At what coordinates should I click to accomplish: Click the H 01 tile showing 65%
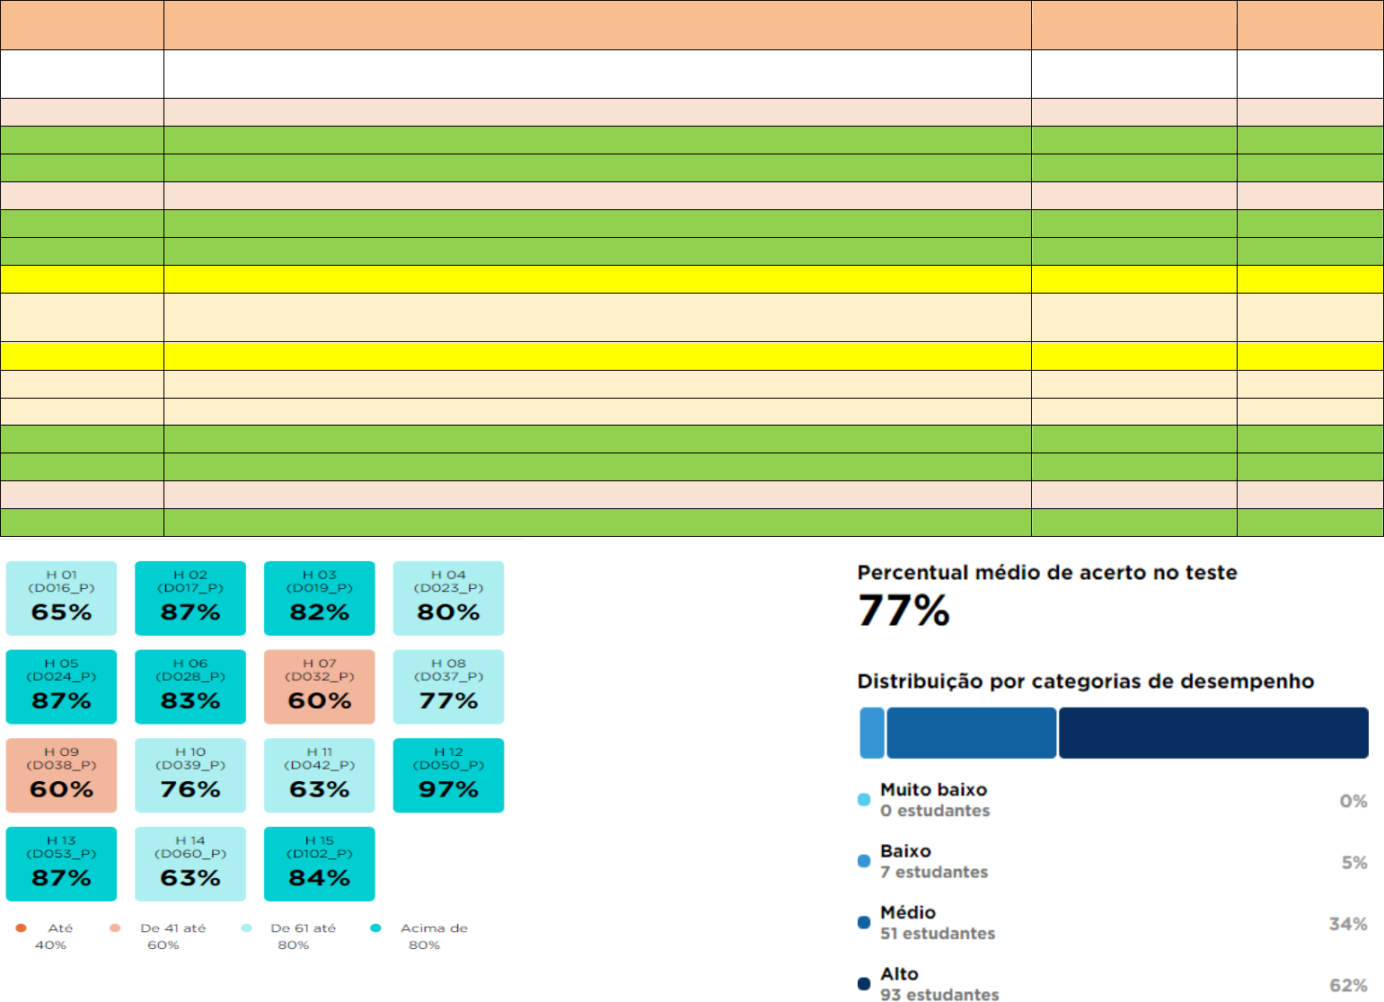61,598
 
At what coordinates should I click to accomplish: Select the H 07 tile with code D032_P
320,686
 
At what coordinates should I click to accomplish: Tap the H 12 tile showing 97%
448,775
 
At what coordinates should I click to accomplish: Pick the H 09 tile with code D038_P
61,775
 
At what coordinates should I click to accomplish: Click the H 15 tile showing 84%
320,864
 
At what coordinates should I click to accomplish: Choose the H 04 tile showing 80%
448,598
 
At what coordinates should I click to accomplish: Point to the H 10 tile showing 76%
190,775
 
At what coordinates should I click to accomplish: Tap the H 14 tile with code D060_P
190,864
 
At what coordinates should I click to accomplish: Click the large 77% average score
904,611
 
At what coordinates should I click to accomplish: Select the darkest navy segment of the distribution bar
1213,733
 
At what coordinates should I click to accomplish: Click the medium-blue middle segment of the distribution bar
971,733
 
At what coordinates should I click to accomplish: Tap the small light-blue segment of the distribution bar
872,733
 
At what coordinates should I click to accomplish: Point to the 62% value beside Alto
1348,985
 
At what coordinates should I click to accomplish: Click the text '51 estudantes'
938,934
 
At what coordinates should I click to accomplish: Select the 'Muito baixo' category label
933,789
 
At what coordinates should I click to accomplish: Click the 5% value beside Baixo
1354,863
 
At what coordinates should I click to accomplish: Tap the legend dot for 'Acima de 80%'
375,927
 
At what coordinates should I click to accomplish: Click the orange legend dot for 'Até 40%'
21,927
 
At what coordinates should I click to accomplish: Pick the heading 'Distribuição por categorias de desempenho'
1086,681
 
